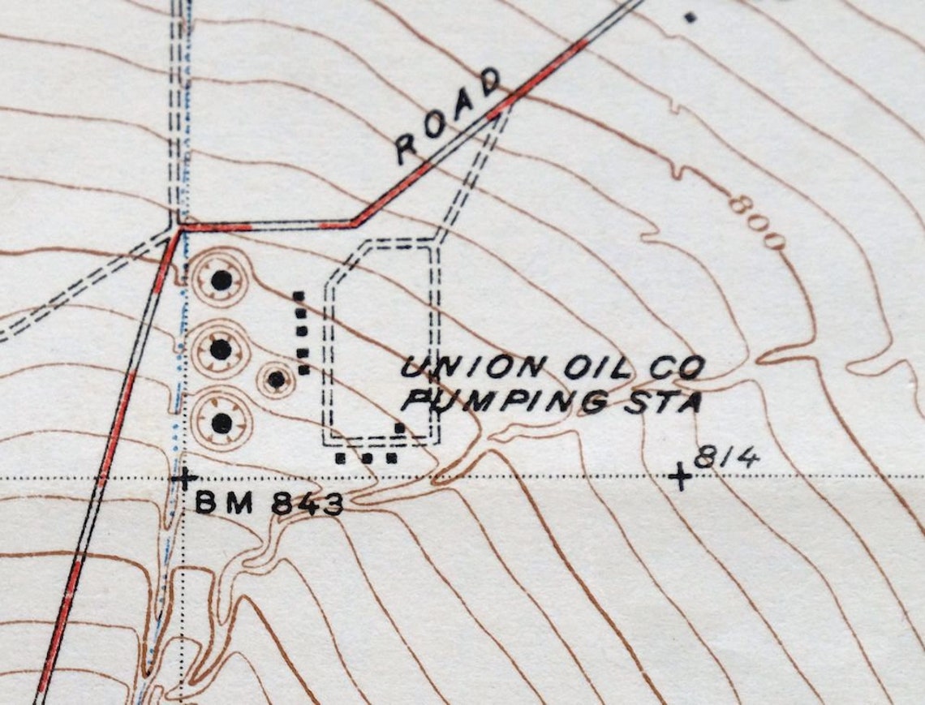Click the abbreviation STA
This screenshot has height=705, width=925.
(x=661, y=402)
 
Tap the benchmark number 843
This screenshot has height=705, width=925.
(x=307, y=504)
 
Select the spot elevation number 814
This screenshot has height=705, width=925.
(x=726, y=458)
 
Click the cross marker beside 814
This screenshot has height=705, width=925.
(x=680, y=478)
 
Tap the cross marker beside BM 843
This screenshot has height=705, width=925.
(x=184, y=478)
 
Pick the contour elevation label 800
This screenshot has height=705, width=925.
(x=756, y=221)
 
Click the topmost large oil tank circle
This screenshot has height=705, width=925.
(x=221, y=281)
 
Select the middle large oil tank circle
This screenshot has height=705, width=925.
(x=221, y=350)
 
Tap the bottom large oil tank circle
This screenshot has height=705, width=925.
(x=221, y=423)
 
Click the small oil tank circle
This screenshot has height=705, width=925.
(x=277, y=379)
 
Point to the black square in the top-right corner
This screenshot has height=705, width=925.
(x=691, y=16)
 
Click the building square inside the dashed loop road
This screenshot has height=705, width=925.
(x=399, y=428)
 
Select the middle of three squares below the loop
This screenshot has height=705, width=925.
(x=366, y=458)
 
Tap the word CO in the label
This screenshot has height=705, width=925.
(x=678, y=370)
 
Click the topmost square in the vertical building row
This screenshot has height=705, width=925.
(x=299, y=296)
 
